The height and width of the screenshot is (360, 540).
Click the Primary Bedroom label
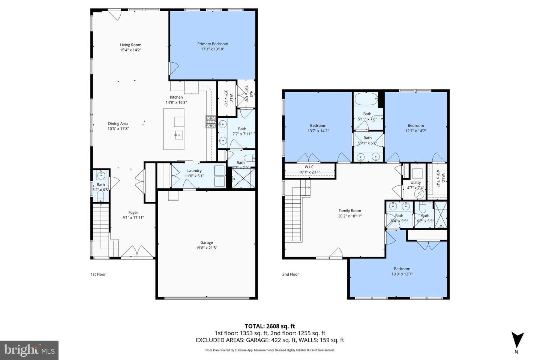(x=213, y=44)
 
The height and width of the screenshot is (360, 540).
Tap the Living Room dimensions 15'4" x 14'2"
(x=130, y=50)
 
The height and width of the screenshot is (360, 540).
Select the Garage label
(x=206, y=243)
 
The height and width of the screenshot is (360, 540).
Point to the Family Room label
(x=349, y=211)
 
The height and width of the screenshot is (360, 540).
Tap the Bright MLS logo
(x=29, y=350)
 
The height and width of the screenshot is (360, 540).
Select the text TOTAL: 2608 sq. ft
(x=270, y=326)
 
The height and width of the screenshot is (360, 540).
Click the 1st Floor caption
(x=98, y=274)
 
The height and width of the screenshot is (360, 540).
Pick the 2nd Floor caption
(x=291, y=274)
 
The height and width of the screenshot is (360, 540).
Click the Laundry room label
(x=194, y=171)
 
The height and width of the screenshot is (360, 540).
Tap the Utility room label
(x=415, y=183)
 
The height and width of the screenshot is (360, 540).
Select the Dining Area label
(x=118, y=123)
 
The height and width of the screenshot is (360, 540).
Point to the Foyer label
(x=133, y=213)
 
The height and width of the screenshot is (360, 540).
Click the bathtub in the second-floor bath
(x=367, y=100)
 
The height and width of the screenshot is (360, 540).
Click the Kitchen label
(x=176, y=97)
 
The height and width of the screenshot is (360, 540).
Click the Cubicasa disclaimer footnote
(x=270, y=350)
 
